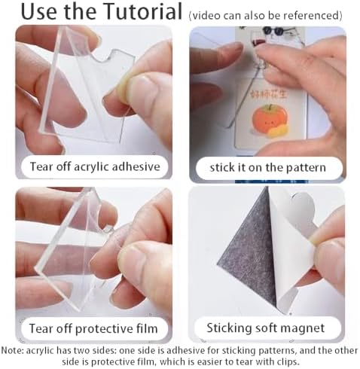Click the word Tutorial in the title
coord(143,11)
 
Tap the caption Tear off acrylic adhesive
coord(95,166)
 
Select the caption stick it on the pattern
coord(268,167)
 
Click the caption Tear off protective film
coord(93,328)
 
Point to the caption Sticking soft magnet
coord(265,328)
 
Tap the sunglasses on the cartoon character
coord(273,31)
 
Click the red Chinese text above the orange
coord(269,94)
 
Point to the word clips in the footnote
coord(288,362)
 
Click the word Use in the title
coord(39,11)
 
